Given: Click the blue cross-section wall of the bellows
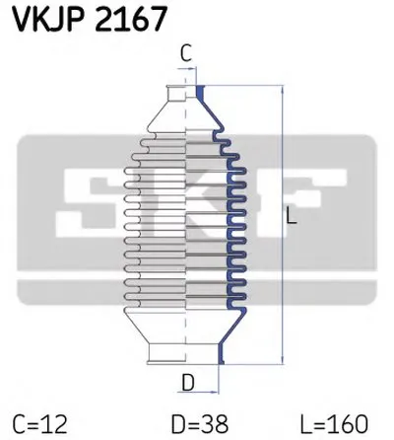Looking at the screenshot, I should click(x=234, y=217).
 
